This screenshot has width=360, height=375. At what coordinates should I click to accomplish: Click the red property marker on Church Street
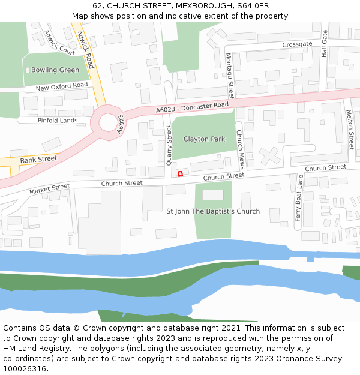tap(181, 174)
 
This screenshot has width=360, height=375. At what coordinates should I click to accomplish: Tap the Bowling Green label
tap(55, 70)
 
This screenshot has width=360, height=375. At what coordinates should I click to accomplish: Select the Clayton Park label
tap(204, 139)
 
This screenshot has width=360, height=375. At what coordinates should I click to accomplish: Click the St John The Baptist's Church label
tap(213, 211)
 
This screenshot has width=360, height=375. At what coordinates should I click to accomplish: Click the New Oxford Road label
tap(62, 86)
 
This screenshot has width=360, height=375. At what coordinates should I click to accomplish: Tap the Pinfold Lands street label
tap(58, 121)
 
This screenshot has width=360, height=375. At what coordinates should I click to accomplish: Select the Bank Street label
tap(38, 160)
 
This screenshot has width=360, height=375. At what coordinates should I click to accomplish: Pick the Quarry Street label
tap(169, 146)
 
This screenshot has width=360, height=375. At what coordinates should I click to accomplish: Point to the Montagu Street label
tap(230, 75)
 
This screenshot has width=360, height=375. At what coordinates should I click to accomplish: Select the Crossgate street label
tap(297, 44)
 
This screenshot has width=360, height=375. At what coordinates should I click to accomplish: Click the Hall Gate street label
tap(325, 44)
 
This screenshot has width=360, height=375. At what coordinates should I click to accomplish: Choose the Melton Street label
tap(350, 130)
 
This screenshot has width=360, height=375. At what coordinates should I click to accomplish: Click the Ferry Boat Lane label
tap(299, 198)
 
